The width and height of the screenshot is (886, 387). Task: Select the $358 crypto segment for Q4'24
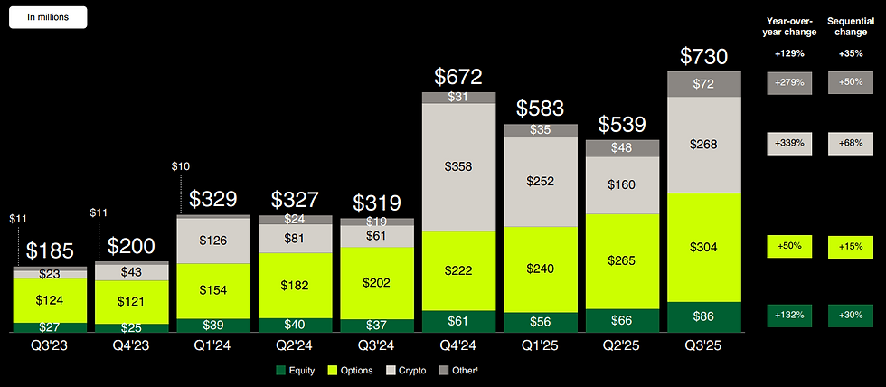pos(458,166)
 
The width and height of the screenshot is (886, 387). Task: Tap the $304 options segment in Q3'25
pos(704,248)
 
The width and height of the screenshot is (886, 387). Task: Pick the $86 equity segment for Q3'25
pos(704,317)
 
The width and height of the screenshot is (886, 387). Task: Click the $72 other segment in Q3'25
pos(704,84)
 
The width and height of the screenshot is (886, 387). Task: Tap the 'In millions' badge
pos(50,16)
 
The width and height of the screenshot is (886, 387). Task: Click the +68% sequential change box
pos(850,142)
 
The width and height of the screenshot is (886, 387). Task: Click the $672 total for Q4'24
pos(458,77)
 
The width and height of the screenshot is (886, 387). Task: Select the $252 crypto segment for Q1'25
pos(541,182)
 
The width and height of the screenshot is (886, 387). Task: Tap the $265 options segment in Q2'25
pos(622,261)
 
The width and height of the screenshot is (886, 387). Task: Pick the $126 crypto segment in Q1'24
pos(213,241)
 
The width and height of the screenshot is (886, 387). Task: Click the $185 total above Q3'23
pos(50,251)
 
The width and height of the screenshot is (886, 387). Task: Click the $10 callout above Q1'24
pos(181,165)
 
